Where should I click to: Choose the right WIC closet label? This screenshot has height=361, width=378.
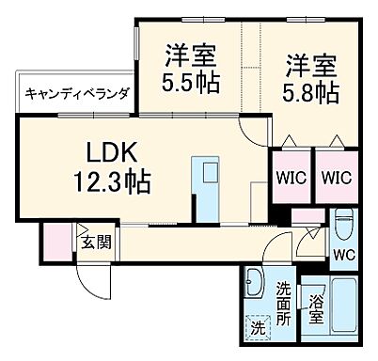click(334, 175)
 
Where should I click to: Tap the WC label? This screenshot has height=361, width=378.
click(344, 253)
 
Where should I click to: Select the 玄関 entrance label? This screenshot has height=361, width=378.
click(94, 242)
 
